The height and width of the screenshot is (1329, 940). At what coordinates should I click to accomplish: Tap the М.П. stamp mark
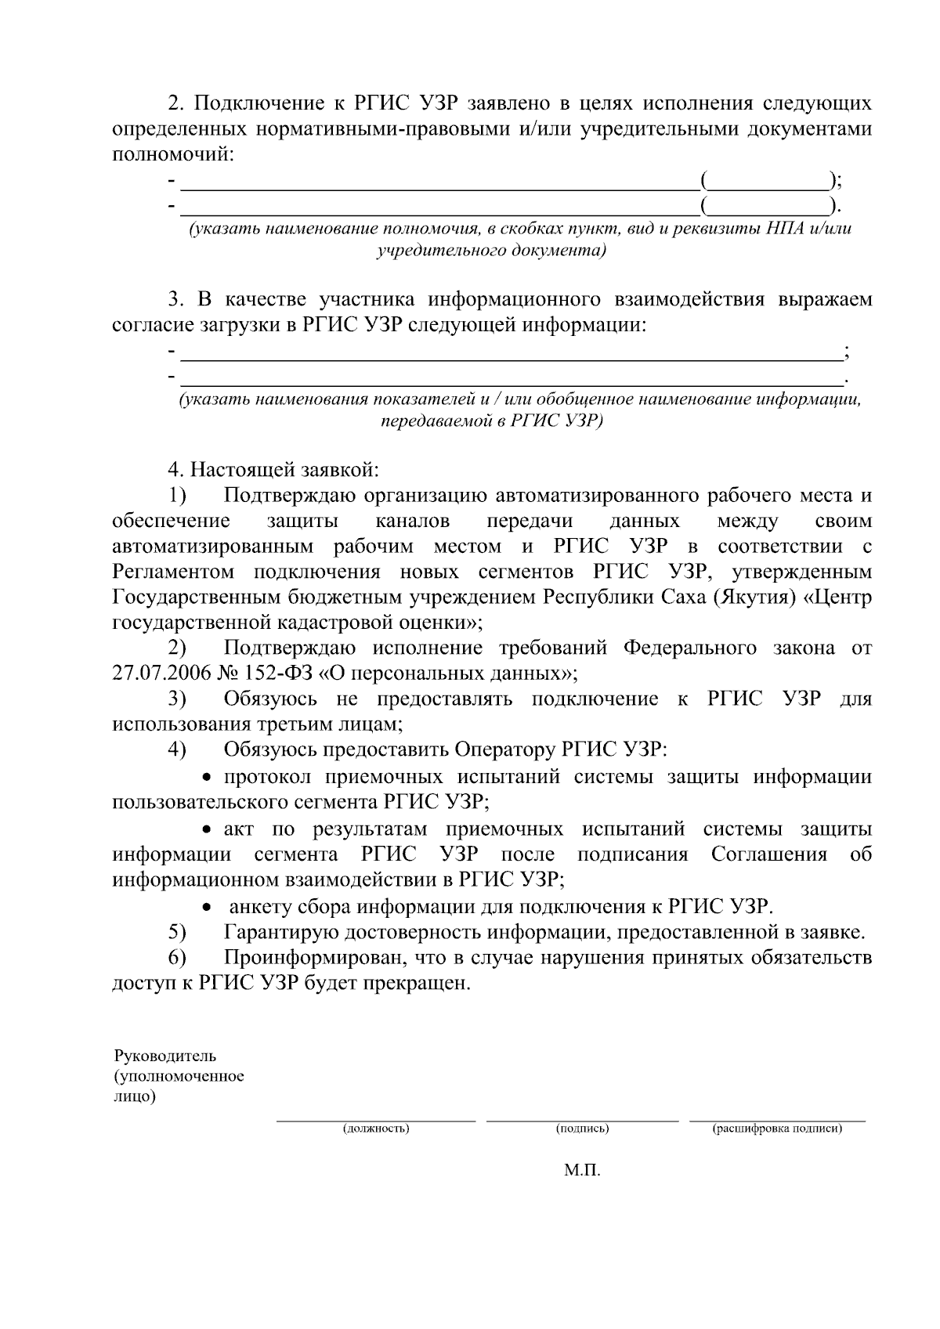coord(581,1170)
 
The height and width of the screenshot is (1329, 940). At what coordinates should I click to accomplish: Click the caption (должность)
coord(375,1129)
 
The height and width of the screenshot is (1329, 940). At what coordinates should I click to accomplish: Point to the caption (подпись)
coord(582,1129)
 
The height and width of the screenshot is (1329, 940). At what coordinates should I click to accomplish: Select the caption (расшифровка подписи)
coord(776,1129)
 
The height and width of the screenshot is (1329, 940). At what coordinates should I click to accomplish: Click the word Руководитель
coord(165,1056)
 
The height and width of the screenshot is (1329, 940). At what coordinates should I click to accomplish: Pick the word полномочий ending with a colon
coord(173,153)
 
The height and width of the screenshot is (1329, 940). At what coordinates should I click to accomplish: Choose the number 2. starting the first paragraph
coord(175,103)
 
